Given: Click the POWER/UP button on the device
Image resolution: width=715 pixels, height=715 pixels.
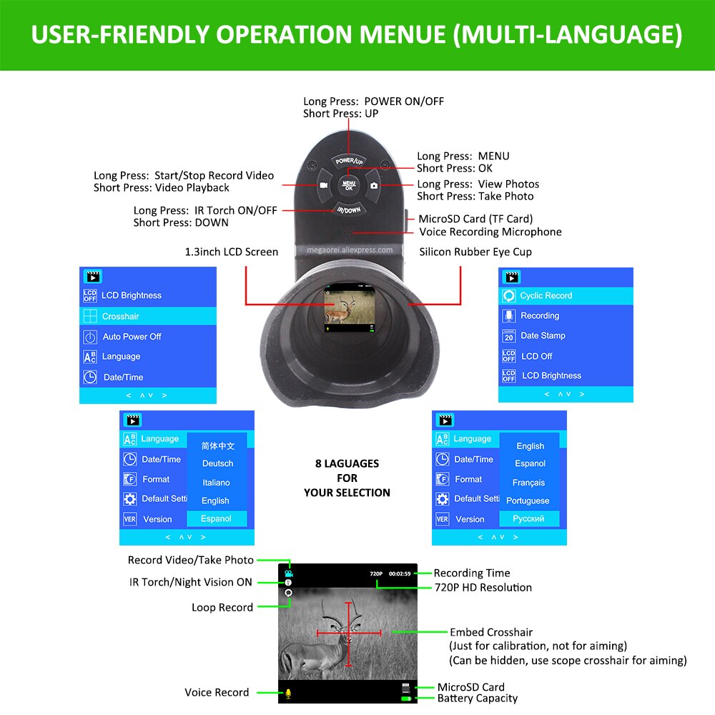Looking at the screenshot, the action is coord(349,160).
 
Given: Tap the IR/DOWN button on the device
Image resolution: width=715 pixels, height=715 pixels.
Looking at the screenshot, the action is coord(349,209).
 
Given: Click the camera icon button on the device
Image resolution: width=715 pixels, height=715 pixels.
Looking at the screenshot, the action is coord(374,185).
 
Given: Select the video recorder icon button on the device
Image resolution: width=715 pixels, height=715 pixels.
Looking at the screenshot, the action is coord(323,185).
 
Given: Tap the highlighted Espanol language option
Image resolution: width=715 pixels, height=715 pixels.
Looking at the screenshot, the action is coord(217,518).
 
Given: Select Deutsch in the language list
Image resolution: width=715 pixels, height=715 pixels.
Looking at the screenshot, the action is coord(217,463).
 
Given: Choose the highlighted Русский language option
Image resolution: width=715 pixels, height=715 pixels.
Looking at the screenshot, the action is coord(529,518).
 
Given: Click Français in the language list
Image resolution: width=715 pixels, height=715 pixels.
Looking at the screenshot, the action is coord(529,483).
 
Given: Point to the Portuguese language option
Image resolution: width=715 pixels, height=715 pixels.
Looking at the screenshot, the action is coord(528,500).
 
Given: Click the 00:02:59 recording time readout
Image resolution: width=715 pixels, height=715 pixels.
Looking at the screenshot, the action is coord(400,573).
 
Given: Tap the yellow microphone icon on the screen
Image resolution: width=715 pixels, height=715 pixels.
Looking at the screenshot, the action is coord(288,694).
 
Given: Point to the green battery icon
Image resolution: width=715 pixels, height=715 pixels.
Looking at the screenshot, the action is coord(406,699).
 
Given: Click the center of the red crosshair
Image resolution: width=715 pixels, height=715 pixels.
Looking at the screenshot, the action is coord(349,633).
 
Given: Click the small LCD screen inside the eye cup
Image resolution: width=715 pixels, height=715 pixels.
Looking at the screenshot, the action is coord(350,307).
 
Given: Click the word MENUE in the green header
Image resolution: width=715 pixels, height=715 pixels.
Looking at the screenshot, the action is coord(403,34).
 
